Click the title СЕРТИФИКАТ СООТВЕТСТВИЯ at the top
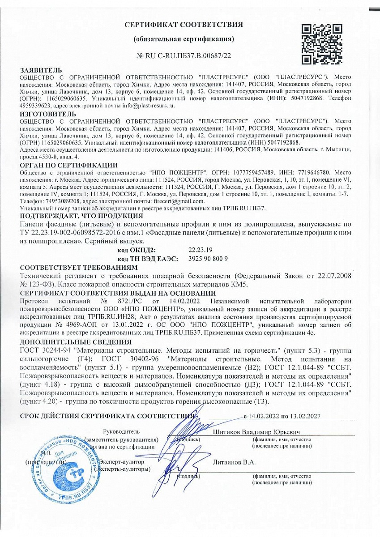point(184,24)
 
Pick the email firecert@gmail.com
point(174,201)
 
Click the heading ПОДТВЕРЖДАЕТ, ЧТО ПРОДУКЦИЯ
point(75,216)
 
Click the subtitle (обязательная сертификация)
point(184,39)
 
